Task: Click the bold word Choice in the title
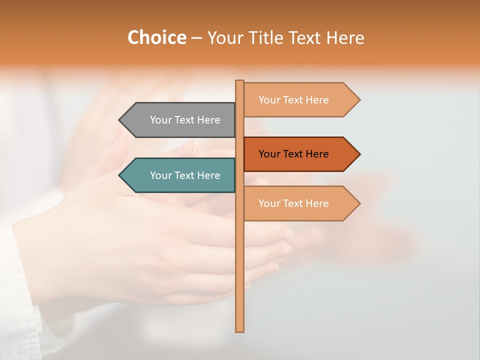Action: (x=156, y=37)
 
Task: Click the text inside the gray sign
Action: (x=185, y=120)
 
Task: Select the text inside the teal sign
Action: (x=185, y=175)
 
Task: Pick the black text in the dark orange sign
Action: (x=293, y=154)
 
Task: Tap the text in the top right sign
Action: (x=293, y=100)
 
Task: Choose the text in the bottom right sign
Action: (x=293, y=203)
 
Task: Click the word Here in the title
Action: (x=345, y=37)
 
